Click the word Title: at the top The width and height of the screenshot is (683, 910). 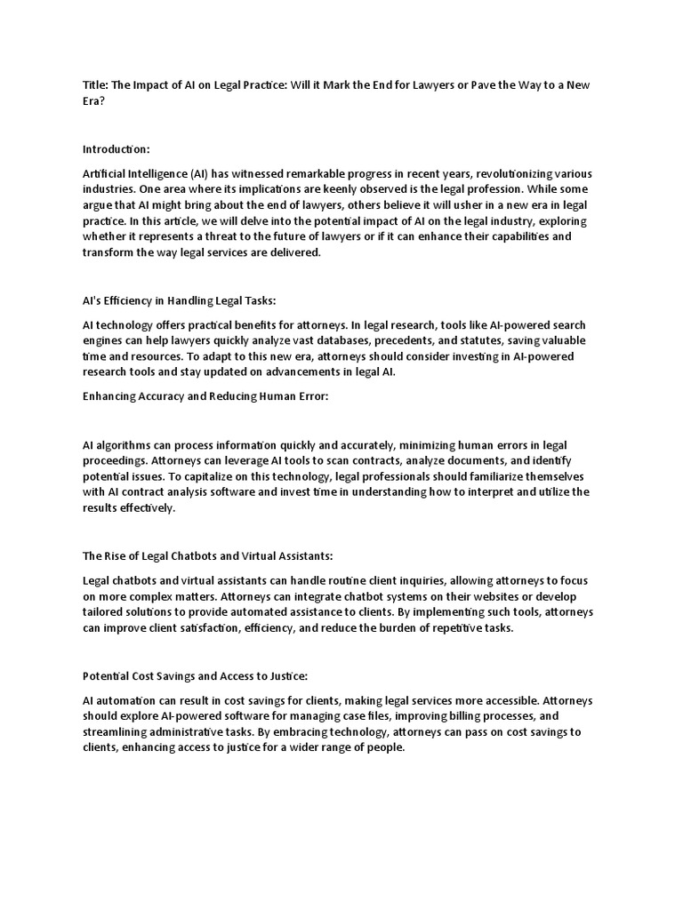pos(96,85)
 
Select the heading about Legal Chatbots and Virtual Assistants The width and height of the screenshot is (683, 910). pos(208,556)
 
